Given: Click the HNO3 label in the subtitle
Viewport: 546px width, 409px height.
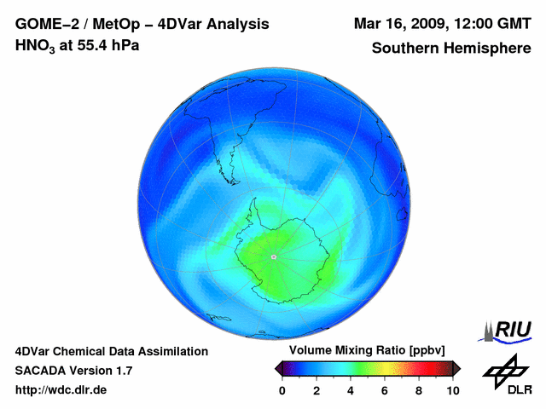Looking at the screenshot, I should [x=33, y=45].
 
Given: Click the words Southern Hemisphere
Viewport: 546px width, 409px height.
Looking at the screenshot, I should [x=450, y=49].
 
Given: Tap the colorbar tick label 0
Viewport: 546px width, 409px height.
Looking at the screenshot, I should [x=282, y=390].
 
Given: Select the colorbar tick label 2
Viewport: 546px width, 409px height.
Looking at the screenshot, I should [x=317, y=390].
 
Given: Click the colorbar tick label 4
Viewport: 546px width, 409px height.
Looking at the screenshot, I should [x=351, y=390].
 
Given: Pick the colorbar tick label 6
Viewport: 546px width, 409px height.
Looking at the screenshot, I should [x=385, y=390].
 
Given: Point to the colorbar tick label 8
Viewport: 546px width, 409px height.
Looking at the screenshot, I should [x=419, y=390].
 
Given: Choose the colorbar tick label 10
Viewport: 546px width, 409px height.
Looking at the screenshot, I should [x=453, y=390].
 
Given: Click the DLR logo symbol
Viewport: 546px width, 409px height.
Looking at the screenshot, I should [x=504, y=371].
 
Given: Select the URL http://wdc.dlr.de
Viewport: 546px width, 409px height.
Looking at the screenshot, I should [x=61, y=390].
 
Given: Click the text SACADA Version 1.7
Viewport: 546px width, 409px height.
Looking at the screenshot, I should [x=73, y=371].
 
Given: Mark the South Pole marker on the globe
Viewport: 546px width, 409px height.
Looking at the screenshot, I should [x=273, y=256].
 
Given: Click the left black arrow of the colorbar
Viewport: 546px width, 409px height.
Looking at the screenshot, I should [x=278, y=368].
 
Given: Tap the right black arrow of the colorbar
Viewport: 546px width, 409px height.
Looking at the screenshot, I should [x=456, y=368].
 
